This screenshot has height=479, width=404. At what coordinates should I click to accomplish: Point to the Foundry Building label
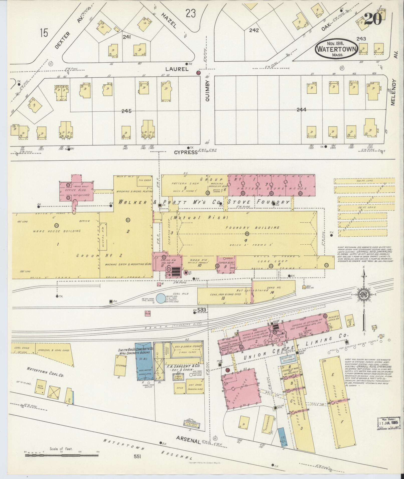(x=252, y=228)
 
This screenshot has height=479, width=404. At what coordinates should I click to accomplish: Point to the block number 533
(x=201, y=310)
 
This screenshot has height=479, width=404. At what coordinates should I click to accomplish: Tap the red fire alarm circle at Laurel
(x=198, y=73)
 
